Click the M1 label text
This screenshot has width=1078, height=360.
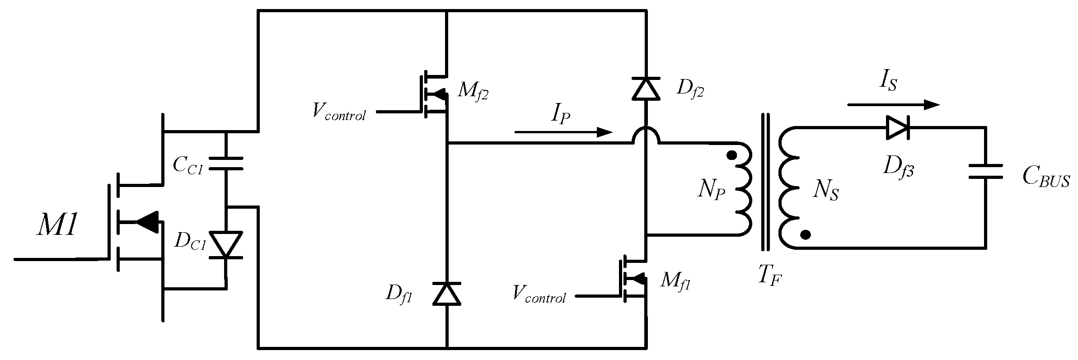(57, 224)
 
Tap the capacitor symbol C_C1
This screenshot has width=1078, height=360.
(226, 164)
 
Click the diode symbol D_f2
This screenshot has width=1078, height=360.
(646, 89)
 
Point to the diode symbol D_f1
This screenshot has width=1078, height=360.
(447, 294)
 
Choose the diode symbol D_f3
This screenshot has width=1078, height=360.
(897, 128)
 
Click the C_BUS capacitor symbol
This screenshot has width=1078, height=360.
(985, 172)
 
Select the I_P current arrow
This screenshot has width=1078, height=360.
(562, 132)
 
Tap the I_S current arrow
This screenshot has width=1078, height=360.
(893, 105)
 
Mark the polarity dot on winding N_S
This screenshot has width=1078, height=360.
(805, 234)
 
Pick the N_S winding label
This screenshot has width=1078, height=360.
(826, 191)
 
